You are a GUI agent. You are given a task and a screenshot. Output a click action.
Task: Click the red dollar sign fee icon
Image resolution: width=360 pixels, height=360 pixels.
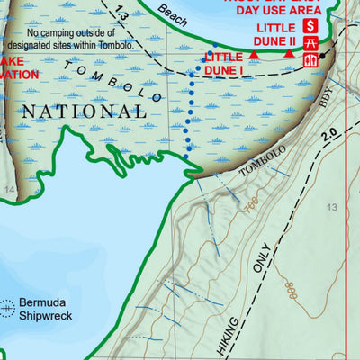click(311, 25)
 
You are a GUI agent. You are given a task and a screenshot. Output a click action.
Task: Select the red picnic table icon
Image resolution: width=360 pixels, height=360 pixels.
click(311, 42)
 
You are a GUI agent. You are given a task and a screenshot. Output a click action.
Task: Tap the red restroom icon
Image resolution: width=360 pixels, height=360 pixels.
click(311, 60)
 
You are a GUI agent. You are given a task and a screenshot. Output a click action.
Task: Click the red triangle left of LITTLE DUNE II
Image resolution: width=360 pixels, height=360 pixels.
click(254, 56)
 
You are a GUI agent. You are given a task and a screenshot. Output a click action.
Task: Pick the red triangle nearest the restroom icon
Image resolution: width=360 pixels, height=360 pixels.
click(289, 55)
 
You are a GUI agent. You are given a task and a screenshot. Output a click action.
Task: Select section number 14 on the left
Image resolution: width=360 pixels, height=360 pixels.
click(9, 190)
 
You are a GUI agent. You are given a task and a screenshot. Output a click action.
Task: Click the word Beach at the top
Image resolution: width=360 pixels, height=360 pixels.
click(172, 12)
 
